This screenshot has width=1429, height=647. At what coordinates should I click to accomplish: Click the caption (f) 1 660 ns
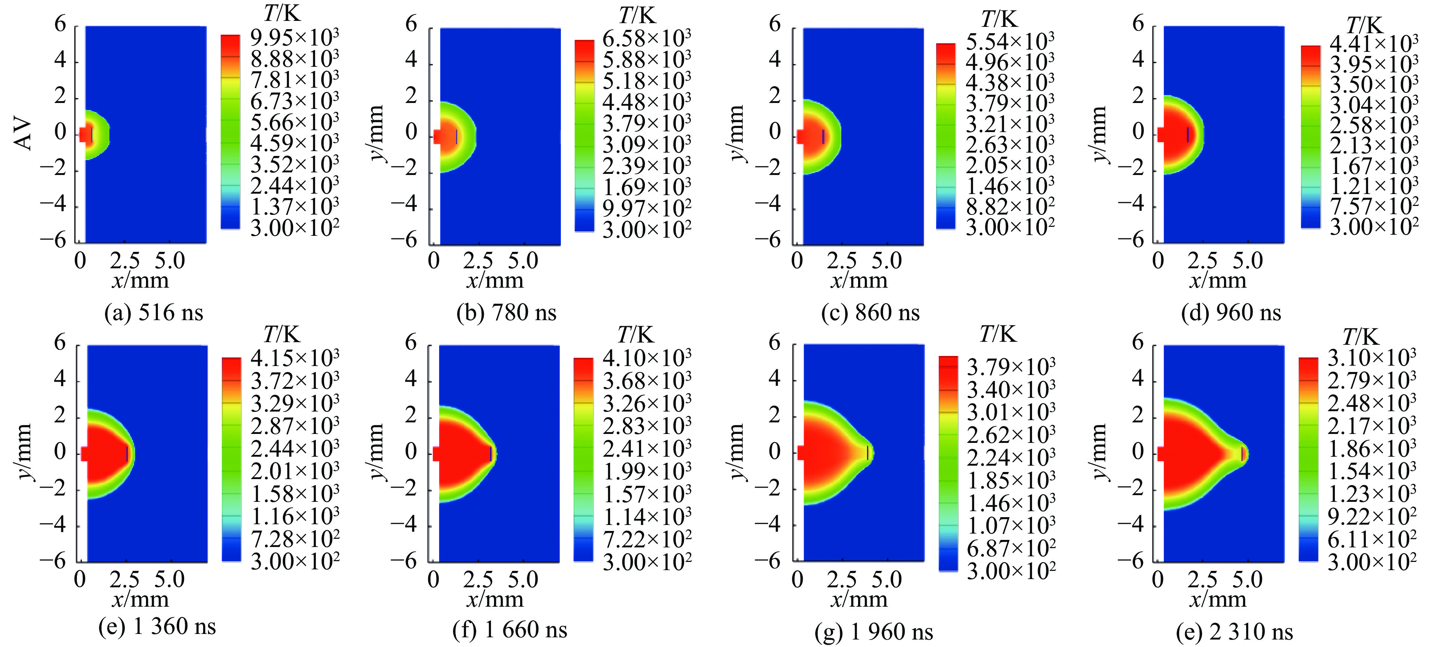pos(510,630)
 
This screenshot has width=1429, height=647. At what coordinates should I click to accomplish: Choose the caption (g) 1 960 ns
pos(874,631)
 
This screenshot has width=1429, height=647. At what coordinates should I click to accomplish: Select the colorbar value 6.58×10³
pos(647,39)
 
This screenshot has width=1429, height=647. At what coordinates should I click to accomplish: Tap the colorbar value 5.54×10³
pos(1010,41)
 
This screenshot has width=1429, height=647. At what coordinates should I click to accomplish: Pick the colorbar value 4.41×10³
pos(1373,44)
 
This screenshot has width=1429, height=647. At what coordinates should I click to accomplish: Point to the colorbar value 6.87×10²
pos(1011,548)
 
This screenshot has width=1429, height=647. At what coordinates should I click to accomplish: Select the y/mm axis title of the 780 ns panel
pos(377,133)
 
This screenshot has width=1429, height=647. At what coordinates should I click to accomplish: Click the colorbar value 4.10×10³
pos(647,358)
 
